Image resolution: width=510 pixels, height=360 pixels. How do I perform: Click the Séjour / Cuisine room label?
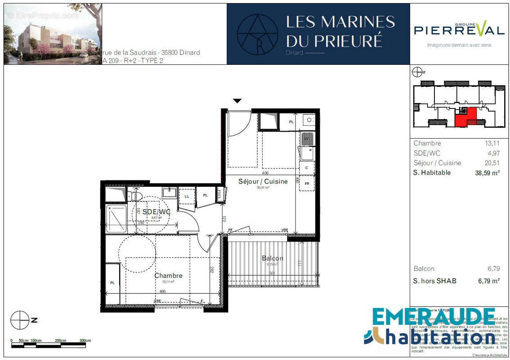(263, 181)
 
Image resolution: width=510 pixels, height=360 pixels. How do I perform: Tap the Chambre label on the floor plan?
(168, 275)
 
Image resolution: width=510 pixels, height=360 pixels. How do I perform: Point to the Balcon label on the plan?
(273, 258)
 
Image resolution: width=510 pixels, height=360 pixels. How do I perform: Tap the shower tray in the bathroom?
(116, 219)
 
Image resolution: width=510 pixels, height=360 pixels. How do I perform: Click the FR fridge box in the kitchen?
(307, 184)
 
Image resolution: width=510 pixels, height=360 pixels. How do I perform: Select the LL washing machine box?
(186, 196)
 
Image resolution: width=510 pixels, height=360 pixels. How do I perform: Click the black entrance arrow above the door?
(237, 101)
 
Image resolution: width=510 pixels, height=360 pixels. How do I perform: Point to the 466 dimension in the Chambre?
(162, 292)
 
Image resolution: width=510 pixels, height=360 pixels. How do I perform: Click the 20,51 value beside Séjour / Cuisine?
(492, 163)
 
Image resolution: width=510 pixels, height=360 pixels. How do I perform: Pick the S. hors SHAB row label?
(434, 281)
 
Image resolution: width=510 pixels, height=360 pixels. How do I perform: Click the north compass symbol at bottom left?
(20, 320)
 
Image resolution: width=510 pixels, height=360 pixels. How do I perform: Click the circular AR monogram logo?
(257, 34)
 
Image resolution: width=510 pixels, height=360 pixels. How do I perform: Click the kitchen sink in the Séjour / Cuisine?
(307, 149)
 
